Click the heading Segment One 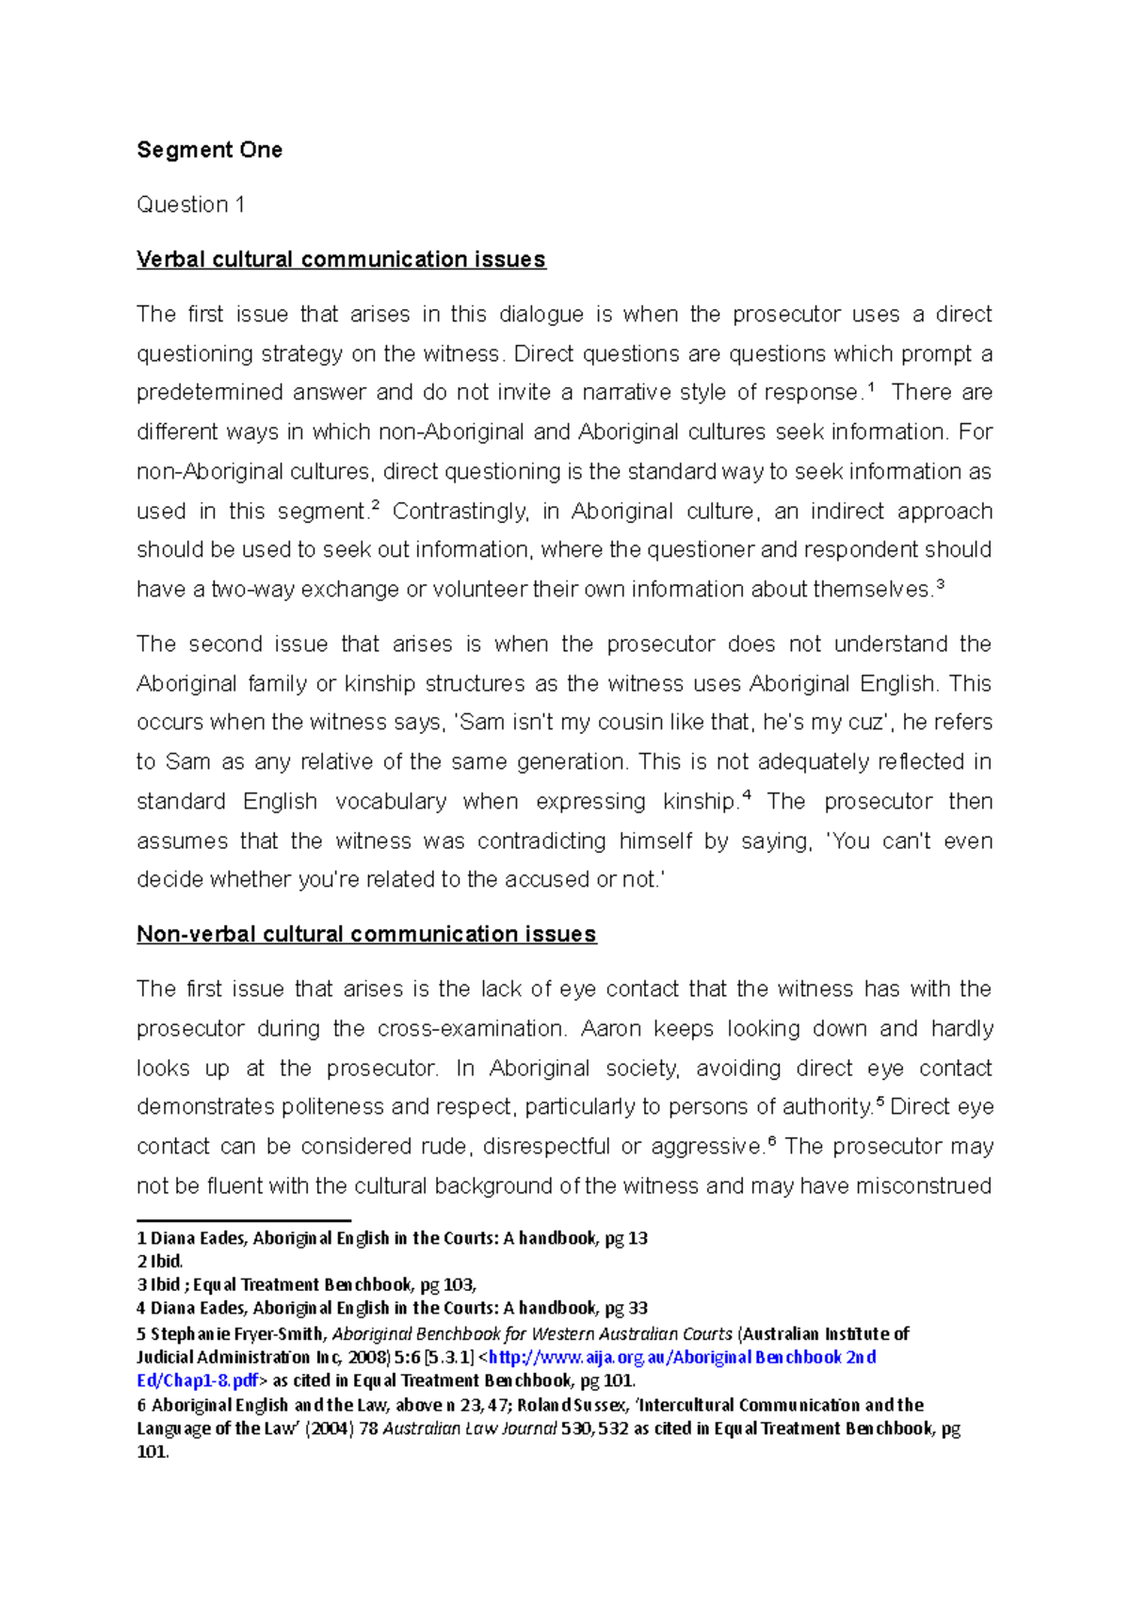click(209, 150)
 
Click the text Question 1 click(190, 204)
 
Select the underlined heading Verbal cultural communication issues click(341, 259)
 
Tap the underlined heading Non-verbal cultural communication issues click(366, 934)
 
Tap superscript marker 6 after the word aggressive click(772, 1140)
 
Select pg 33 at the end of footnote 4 click(626, 1308)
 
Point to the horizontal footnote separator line click(243, 1220)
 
